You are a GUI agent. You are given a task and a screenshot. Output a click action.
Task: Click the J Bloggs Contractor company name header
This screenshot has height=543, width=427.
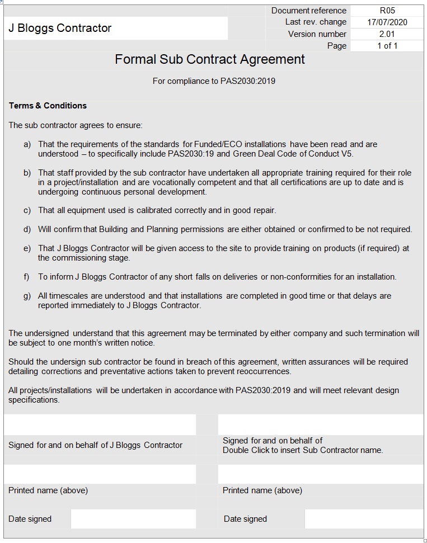click(x=60, y=28)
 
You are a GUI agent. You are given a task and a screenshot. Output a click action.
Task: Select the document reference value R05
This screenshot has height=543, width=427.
click(x=387, y=11)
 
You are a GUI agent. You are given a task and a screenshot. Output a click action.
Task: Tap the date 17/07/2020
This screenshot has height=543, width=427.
click(x=387, y=22)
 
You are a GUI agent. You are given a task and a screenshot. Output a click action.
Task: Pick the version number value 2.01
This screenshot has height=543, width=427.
click(x=387, y=34)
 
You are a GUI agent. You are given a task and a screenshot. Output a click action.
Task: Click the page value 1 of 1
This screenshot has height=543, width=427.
click(x=387, y=46)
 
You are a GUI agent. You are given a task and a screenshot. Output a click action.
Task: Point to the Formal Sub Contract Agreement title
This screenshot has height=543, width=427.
click(x=210, y=59)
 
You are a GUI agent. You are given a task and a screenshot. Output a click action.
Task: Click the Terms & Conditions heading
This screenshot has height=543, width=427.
click(x=48, y=106)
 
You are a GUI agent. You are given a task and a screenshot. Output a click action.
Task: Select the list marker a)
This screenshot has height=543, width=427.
click(x=27, y=144)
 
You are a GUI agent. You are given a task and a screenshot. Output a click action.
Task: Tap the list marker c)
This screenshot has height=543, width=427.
click(x=27, y=210)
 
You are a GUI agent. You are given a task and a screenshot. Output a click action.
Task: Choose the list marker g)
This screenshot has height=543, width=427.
click(x=27, y=296)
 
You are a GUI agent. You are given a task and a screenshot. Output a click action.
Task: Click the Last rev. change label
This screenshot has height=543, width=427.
click(x=316, y=22)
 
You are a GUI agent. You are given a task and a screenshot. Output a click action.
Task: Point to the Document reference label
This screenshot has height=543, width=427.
click(x=309, y=11)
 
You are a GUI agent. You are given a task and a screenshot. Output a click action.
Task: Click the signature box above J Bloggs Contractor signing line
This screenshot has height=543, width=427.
click(x=100, y=424)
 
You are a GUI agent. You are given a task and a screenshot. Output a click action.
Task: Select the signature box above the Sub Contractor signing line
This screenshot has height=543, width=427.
click(x=320, y=424)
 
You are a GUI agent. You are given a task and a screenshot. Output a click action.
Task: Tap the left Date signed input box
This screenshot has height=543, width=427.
click(x=133, y=519)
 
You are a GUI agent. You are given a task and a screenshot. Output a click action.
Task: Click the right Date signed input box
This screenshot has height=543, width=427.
click(x=364, y=519)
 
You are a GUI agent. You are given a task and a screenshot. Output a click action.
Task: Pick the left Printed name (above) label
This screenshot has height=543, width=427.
click(x=48, y=490)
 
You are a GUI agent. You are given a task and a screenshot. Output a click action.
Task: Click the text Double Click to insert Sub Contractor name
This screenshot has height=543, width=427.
click(x=303, y=450)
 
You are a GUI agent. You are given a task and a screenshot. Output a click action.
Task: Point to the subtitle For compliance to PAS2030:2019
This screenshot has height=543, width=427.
click(x=214, y=81)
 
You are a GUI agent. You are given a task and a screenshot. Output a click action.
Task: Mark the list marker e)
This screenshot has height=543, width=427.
click(x=27, y=248)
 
